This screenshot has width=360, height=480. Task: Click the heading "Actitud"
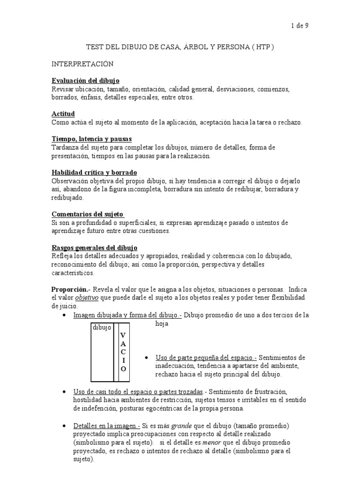click(63, 114)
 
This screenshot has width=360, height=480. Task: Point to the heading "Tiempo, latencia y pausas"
click(91, 139)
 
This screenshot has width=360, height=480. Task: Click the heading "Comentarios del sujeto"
click(87, 214)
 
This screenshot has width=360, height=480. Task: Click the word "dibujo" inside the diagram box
click(101, 328)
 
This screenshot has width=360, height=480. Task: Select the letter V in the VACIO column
click(123, 335)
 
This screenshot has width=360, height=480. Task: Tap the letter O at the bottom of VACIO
click(123, 369)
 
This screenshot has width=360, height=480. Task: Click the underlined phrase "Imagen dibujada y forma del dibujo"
click(126, 315)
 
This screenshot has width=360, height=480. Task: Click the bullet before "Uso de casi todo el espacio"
click(63, 391)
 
